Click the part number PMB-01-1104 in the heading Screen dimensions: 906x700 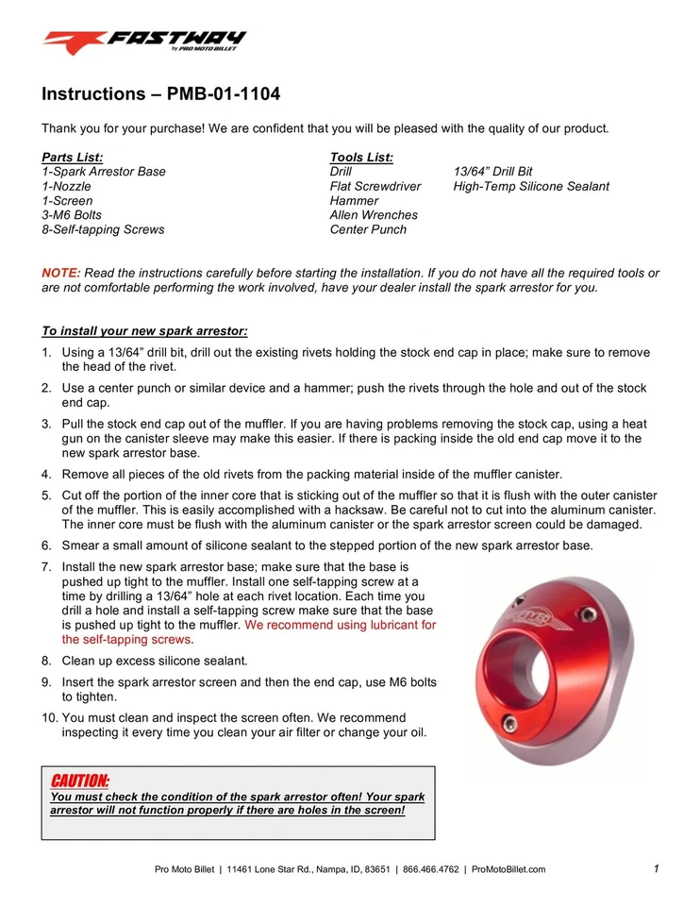[223, 94]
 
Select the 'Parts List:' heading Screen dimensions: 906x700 [73, 157]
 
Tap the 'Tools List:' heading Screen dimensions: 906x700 [361, 157]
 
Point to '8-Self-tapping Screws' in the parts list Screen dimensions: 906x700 [103, 229]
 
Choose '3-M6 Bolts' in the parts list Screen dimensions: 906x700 [72, 215]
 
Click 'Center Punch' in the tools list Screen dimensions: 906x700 [368, 229]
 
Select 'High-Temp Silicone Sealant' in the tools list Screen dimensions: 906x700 [531, 186]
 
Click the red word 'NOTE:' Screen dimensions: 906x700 [61, 273]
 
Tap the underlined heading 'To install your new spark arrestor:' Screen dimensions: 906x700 [144, 331]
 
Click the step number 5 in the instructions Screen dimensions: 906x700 [46, 495]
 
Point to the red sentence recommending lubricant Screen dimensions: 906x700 [249, 631]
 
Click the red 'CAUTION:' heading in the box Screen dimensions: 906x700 [79, 781]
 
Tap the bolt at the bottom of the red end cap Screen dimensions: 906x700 [510, 724]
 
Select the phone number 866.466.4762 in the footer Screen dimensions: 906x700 [429, 869]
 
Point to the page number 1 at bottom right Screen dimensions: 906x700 [655, 868]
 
